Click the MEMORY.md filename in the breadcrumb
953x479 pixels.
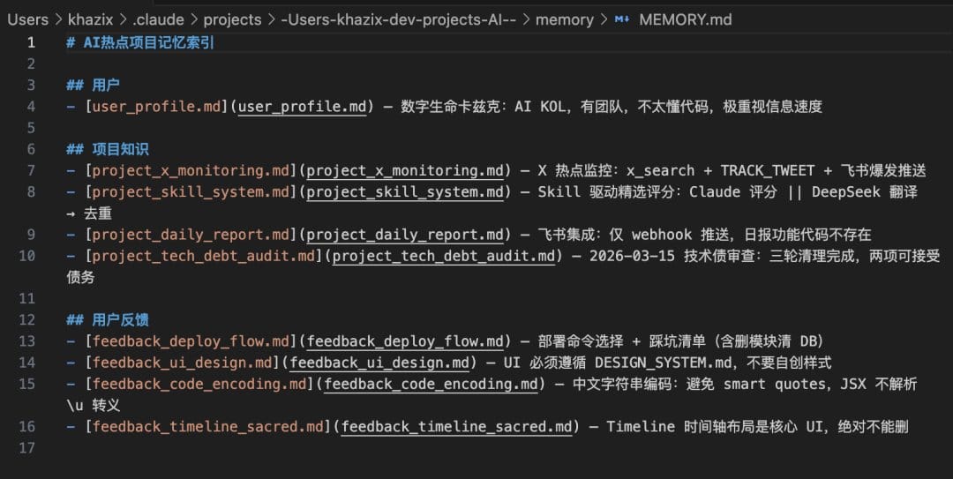(685, 19)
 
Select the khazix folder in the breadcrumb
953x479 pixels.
(91, 19)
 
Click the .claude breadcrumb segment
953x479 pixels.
(158, 19)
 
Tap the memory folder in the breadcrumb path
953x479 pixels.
(564, 20)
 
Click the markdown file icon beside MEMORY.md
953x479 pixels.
(622, 19)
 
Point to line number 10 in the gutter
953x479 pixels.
(26, 256)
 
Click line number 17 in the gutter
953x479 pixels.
(26, 448)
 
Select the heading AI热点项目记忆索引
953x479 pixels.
(148, 42)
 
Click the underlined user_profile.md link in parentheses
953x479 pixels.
(302, 107)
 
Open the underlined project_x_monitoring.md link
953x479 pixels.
(405, 171)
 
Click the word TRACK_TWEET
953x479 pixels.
(767, 171)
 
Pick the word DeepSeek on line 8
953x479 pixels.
(845, 192)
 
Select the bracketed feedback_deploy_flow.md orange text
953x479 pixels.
(191, 341)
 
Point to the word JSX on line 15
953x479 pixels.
(853, 385)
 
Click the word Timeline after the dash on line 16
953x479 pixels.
(641, 427)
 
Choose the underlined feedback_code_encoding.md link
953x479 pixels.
(431, 385)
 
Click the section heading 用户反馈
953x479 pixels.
(120, 319)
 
